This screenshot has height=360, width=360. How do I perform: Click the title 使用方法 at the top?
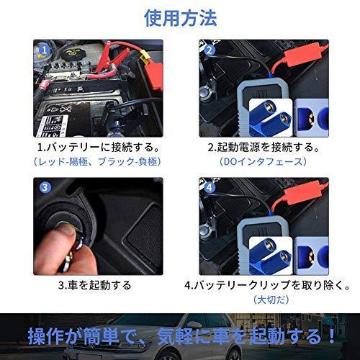coord(180,17)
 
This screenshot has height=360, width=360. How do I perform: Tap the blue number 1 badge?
coord(45,51)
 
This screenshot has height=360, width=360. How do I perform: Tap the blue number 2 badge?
coord(209,51)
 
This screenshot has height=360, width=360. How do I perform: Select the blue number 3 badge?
coord(45,189)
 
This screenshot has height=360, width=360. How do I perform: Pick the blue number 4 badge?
coord(209,189)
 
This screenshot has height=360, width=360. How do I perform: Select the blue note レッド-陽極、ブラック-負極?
coord(99,162)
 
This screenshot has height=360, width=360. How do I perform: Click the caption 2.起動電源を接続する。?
coord(264,148)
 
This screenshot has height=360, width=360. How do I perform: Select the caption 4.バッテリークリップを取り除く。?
coord(264,284)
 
